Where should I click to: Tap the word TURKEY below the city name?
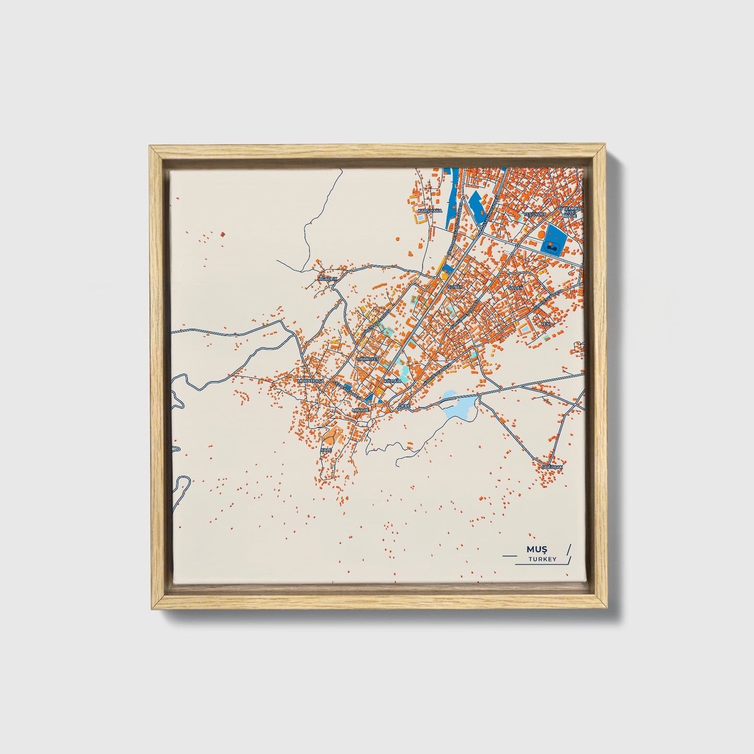click(x=542, y=559)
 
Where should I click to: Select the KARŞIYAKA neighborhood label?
click(x=430, y=211)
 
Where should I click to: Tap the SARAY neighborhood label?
click(x=514, y=288)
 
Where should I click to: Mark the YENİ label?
click(x=546, y=324)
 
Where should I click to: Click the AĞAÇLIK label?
click(x=329, y=279)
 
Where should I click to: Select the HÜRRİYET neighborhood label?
click(x=367, y=359)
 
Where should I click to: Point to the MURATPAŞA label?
click(x=310, y=381)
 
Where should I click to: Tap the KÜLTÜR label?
click(x=392, y=381)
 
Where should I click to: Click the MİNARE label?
click(x=361, y=410)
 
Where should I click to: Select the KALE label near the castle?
click(x=326, y=449)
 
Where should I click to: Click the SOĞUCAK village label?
click(x=552, y=466)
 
